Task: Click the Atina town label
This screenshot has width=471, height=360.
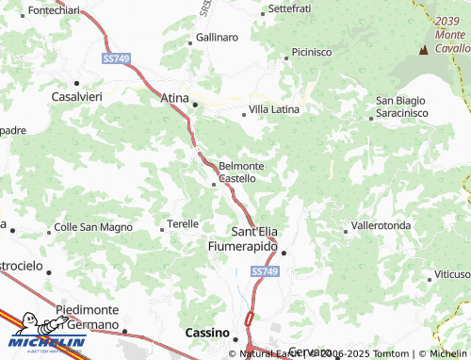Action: [175, 97]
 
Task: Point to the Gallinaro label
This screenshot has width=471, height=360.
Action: [217, 38]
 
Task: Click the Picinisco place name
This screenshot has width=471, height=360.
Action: [311, 52]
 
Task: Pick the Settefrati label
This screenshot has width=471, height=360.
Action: [289, 8]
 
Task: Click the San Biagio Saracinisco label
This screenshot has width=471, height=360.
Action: [402, 106]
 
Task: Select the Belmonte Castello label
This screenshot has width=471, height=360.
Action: [240, 172]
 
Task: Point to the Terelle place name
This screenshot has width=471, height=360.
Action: [183, 224]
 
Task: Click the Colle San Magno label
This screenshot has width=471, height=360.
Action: [93, 227]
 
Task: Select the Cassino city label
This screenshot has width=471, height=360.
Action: [206, 334]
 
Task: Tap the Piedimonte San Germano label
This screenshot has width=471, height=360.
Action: [88, 317]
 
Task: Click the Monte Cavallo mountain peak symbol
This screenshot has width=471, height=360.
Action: [423, 47]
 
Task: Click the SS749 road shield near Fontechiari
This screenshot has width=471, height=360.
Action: [115, 58]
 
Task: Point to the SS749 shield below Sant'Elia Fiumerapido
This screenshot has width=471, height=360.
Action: [266, 271]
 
